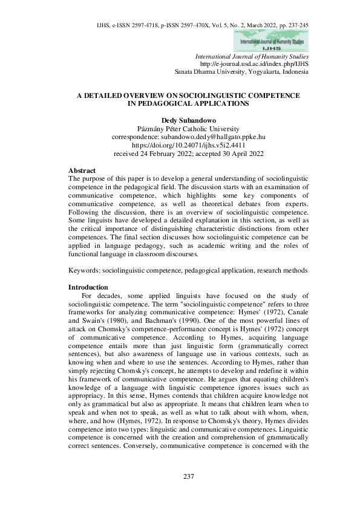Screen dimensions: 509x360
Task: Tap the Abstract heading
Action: (82, 171)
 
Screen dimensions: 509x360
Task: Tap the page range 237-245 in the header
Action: (296, 25)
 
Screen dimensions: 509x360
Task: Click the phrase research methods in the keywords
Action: (286, 271)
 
